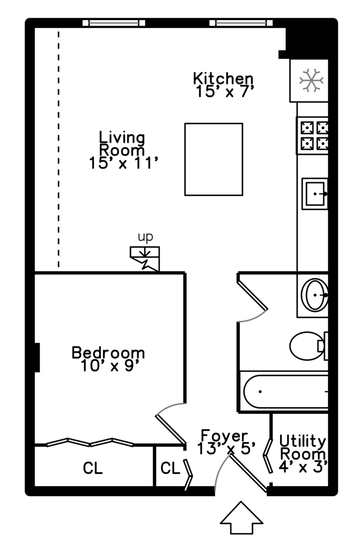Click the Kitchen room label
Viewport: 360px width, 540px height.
(x=223, y=85)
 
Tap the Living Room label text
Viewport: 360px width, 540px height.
(x=123, y=149)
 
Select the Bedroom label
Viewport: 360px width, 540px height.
(x=108, y=359)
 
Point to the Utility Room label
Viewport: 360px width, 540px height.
(x=302, y=453)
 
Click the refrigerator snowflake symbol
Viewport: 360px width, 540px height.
(x=311, y=80)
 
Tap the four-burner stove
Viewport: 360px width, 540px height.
(x=313, y=135)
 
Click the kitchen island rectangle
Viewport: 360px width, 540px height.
(x=213, y=159)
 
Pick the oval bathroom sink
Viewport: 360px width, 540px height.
(x=315, y=295)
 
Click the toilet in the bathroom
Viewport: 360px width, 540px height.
(x=307, y=345)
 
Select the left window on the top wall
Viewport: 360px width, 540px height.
(x=113, y=23)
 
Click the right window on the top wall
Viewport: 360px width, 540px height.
(x=241, y=23)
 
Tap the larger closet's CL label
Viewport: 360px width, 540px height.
(x=93, y=468)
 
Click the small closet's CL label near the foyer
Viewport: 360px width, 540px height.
(x=170, y=468)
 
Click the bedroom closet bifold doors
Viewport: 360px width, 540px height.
(x=90, y=442)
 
